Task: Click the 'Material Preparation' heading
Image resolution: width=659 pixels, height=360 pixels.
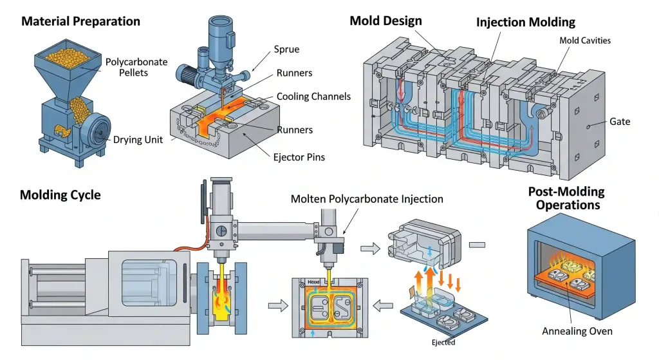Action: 80,21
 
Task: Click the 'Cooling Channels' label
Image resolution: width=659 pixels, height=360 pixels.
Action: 313,97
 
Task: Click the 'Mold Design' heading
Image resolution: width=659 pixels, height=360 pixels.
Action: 385,21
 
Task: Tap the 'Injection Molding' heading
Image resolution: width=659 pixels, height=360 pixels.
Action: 525,22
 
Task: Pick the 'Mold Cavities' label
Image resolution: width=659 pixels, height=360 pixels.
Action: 584,41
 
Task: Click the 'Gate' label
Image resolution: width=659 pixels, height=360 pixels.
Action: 620,122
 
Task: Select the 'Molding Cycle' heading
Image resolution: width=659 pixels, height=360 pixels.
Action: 60,194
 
